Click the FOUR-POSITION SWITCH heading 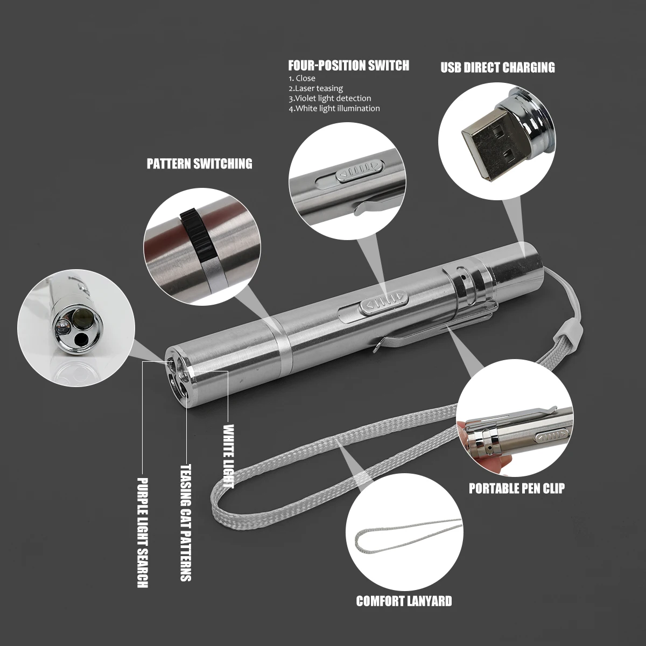348,66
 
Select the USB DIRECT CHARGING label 497,67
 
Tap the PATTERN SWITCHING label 199,164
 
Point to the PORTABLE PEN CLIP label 516,488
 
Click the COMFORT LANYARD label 404,601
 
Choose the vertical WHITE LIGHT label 228,455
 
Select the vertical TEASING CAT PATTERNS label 185,523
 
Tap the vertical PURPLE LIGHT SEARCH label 143,532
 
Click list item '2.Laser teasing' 315,88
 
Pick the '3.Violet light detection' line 329,99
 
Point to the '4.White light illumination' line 334,108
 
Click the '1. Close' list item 302,79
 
